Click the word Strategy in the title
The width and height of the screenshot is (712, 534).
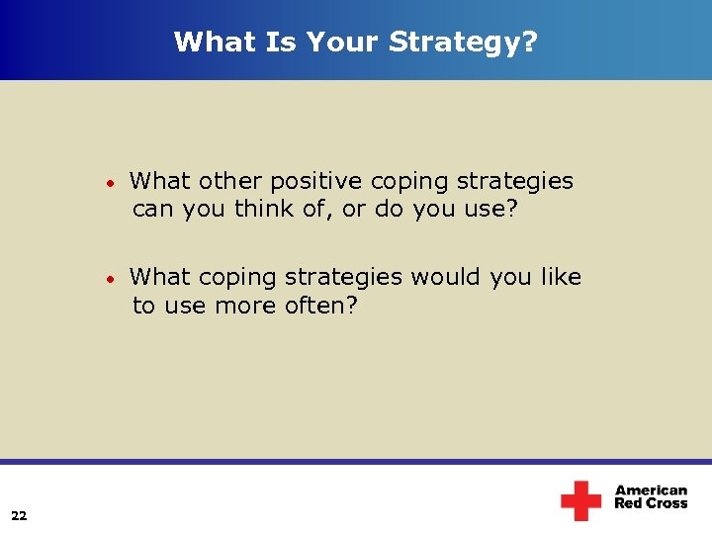point(464,42)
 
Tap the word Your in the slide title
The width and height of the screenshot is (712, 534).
point(342,42)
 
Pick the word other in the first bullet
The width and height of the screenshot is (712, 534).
point(231,182)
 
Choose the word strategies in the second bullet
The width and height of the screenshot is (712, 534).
point(344,279)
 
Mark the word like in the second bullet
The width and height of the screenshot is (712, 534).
point(561,278)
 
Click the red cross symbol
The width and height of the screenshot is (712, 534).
point(580,500)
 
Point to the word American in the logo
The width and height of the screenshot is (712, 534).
point(651,490)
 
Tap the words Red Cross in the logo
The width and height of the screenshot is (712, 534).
point(651,504)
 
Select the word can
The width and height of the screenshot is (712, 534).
point(153,210)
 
